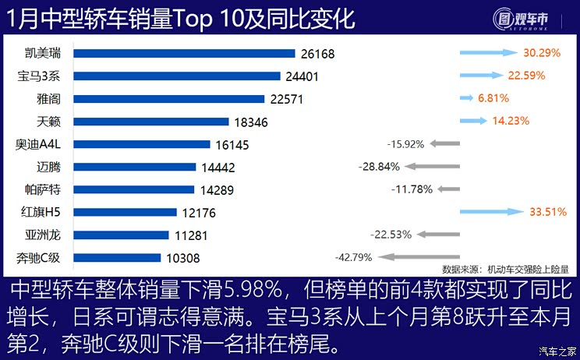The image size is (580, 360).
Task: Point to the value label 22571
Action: coord(286,99)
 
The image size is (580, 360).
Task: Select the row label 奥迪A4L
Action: coord(40,144)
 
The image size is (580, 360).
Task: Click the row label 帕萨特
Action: coord(40,189)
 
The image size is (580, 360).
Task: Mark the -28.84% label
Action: coord(380,166)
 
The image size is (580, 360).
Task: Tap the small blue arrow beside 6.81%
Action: coord(466,98)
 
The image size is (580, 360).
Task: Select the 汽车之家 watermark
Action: coord(558,351)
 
